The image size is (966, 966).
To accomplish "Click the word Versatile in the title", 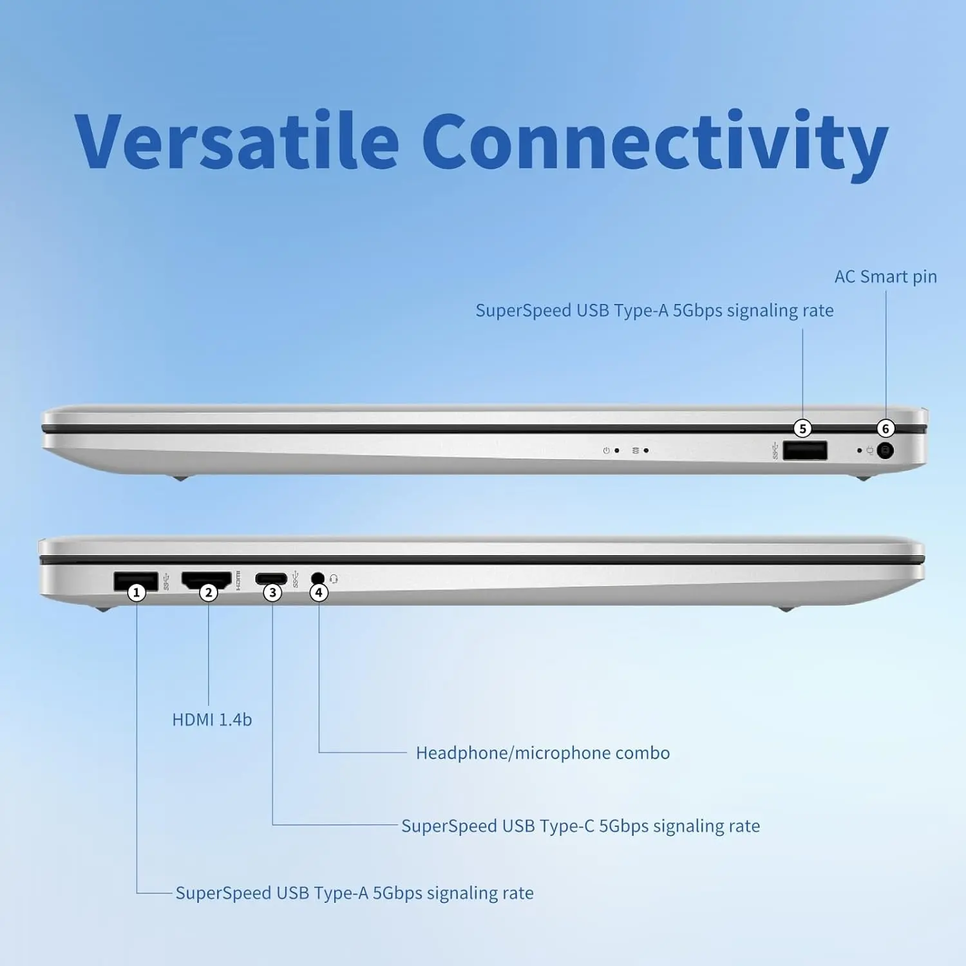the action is click(236, 140).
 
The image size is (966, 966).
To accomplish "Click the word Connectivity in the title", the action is click(655, 145).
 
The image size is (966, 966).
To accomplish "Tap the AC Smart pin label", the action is click(885, 277).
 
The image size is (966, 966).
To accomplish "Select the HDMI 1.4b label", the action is click(212, 719).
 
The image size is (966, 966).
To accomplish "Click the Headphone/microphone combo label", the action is click(543, 753).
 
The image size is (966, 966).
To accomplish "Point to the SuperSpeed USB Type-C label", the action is click(580, 826).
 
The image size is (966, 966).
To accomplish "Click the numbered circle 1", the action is click(136, 592).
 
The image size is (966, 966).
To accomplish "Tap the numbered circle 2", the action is click(208, 592).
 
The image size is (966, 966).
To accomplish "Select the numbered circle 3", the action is click(272, 592).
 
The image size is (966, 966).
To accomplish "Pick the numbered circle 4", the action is click(319, 592).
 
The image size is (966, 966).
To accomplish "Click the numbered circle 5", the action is click(802, 428).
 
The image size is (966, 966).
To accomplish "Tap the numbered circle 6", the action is click(885, 428).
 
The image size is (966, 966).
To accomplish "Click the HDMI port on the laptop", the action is click(206, 579).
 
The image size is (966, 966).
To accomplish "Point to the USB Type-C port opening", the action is click(271, 578).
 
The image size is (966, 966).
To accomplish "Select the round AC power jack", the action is click(885, 451).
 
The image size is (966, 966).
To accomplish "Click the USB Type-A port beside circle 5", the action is click(805, 450).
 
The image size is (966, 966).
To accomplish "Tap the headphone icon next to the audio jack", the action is click(334, 579).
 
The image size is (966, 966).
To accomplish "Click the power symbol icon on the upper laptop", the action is click(606, 451).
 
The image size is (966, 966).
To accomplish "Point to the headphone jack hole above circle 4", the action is click(317, 578).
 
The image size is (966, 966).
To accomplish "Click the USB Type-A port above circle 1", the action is click(136, 580).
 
